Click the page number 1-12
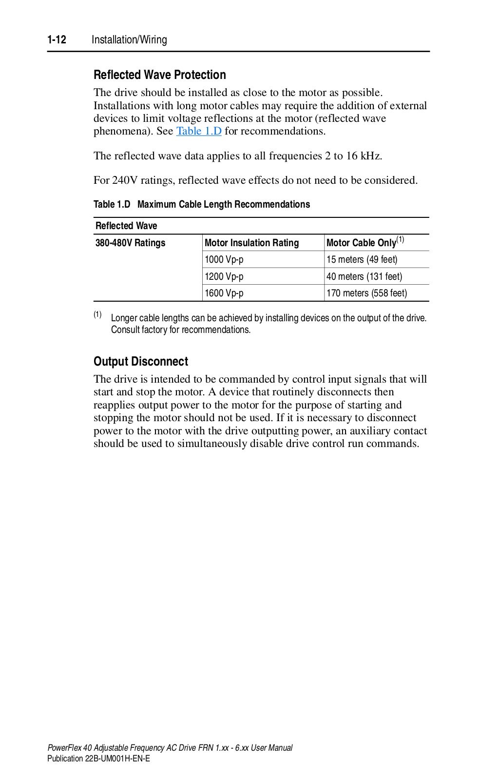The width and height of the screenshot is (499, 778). (x=57, y=40)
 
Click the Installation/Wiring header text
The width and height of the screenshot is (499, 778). (x=129, y=40)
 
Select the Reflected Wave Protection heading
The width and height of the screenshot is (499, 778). (x=159, y=75)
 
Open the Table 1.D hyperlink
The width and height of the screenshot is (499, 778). (x=199, y=131)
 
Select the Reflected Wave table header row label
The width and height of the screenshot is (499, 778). (x=126, y=226)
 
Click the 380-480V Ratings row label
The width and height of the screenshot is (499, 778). (x=130, y=243)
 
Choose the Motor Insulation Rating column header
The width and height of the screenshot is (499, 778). (x=251, y=243)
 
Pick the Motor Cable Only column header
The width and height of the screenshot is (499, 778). (x=361, y=243)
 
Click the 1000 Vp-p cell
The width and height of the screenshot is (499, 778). (x=224, y=259)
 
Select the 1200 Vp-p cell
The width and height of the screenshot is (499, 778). (x=224, y=276)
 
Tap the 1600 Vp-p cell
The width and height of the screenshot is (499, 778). (x=224, y=293)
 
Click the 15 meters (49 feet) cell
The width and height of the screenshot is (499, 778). (x=362, y=259)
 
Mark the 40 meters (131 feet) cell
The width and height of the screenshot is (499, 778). (x=364, y=276)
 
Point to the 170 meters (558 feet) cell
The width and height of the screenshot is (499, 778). (x=366, y=293)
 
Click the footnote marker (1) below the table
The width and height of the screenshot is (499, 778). (x=97, y=314)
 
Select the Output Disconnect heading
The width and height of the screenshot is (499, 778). (x=140, y=362)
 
